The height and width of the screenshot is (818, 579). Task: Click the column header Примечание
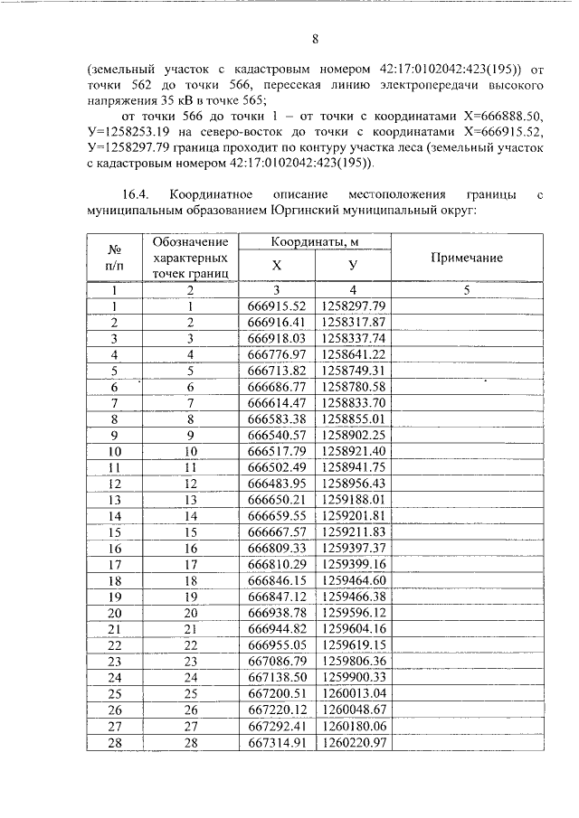[x=466, y=258]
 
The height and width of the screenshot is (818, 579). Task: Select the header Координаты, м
[x=315, y=242]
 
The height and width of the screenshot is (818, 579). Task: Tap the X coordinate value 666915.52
[x=277, y=306]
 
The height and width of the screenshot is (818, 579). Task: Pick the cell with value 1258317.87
[x=353, y=322]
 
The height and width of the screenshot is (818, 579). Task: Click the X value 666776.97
[x=277, y=354]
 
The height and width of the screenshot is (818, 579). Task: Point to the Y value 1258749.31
[x=353, y=371]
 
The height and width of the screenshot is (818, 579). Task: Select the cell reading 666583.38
[x=277, y=419]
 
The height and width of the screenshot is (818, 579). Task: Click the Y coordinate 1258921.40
[x=353, y=451]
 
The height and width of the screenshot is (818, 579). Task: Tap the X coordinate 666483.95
[x=277, y=484]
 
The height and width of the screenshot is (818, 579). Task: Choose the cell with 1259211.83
[x=353, y=531]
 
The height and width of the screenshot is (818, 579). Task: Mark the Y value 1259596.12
[x=353, y=612]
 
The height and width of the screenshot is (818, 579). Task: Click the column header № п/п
[x=115, y=258]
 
